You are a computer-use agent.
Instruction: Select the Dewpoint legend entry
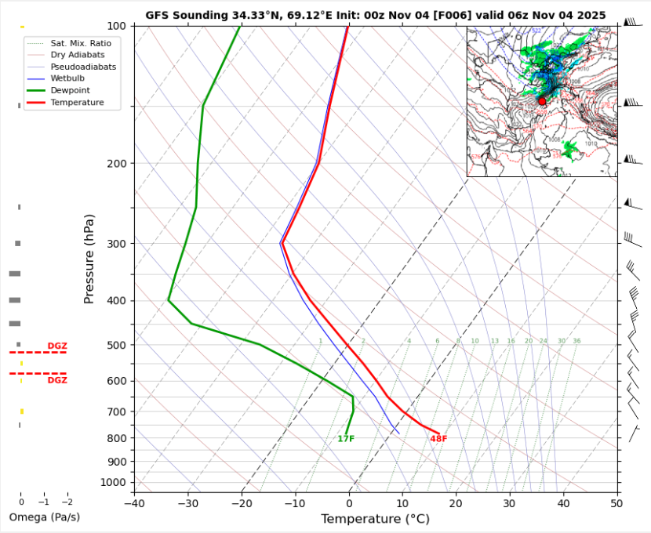tap(71, 91)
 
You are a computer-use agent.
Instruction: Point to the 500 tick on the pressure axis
tap(118, 345)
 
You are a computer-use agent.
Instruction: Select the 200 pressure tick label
tap(118, 163)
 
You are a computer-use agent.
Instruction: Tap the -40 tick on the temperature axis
tap(135, 502)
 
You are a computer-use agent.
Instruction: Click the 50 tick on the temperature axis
tap(616, 502)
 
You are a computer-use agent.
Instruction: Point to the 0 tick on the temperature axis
tap(349, 502)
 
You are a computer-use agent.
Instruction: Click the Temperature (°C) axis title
tap(375, 519)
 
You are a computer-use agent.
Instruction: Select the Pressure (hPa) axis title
tap(89, 259)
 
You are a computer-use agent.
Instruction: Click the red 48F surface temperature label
tap(438, 439)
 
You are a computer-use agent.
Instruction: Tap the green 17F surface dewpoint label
tap(346, 439)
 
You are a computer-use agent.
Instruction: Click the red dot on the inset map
tap(542, 101)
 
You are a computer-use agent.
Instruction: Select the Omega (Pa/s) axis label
tap(44, 517)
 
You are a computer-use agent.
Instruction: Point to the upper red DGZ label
tap(57, 346)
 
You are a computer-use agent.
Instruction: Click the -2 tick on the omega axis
tap(67, 502)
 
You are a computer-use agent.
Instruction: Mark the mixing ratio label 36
tap(576, 341)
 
